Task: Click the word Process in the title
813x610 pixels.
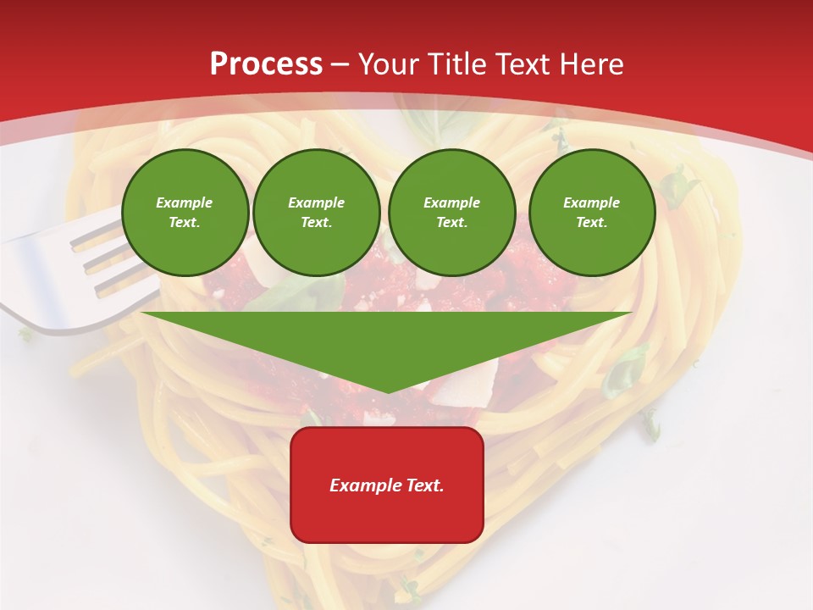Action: [x=266, y=64]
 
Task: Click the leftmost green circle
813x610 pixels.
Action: [x=185, y=213]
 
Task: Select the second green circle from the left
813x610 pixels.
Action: [x=317, y=213]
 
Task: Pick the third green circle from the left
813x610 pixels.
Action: [x=452, y=213]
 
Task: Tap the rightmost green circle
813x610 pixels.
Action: [x=592, y=213]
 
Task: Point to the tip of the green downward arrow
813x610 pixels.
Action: [x=387, y=391]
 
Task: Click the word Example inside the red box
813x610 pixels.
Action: [x=362, y=485]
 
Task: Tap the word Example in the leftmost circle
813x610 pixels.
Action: [x=185, y=202]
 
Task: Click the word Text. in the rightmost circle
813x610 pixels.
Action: [x=592, y=223]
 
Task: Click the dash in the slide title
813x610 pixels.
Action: [x=340, y=64]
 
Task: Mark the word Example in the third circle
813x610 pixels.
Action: [x=452, y=202]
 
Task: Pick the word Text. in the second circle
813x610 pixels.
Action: [x=317, y=223]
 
